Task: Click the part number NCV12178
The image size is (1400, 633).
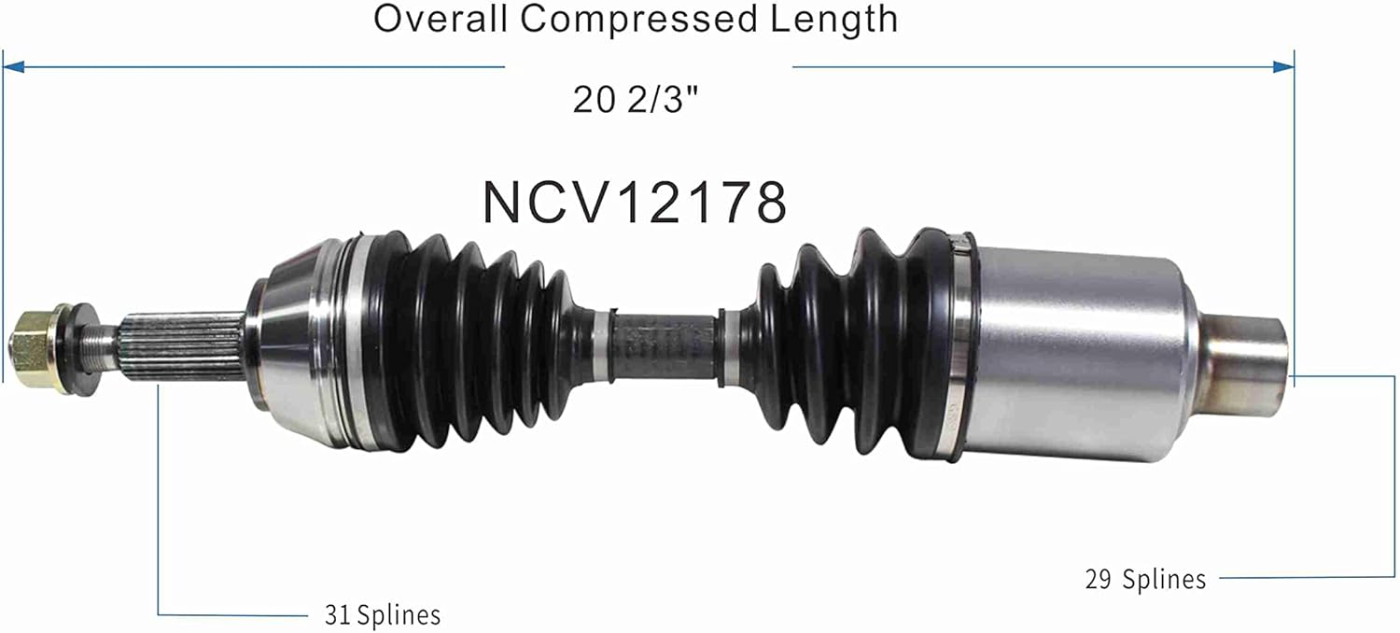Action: tap(635, 202)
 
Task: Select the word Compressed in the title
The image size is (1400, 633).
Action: tap(639, 19)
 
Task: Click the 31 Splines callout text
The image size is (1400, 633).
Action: tap(382, 615)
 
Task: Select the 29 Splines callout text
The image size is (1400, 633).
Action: tap(1145, 580)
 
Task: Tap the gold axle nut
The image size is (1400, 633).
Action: tap(32, 342)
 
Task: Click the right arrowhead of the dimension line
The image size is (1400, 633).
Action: tap(1285, 66)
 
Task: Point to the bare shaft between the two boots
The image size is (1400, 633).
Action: tap(663, 347)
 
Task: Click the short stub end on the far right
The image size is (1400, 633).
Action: tap(1246, 366)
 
